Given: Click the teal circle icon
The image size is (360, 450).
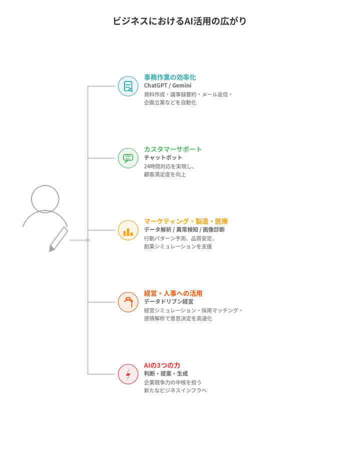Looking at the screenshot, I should [127, 86].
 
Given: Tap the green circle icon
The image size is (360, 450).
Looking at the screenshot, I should [127, 158].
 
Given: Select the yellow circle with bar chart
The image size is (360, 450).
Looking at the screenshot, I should [127, 230].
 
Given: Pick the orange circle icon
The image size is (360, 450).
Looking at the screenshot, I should [127, 302].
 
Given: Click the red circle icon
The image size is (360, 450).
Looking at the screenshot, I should [127, 374].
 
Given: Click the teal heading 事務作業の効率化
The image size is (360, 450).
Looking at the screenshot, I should [170, 77].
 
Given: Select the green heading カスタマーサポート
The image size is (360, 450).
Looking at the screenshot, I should [173, 149].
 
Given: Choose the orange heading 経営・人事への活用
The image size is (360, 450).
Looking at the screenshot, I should [173, 293].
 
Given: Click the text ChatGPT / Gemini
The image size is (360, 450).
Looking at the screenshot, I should [164, 85].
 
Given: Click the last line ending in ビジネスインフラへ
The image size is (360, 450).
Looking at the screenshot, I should [175, 390].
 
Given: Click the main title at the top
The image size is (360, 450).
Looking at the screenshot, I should [180, 21].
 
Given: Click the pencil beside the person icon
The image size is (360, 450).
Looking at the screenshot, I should [58, 239].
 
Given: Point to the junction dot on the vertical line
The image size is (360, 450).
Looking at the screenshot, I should [88, 240].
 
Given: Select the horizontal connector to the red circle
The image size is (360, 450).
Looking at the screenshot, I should [102, 374].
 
